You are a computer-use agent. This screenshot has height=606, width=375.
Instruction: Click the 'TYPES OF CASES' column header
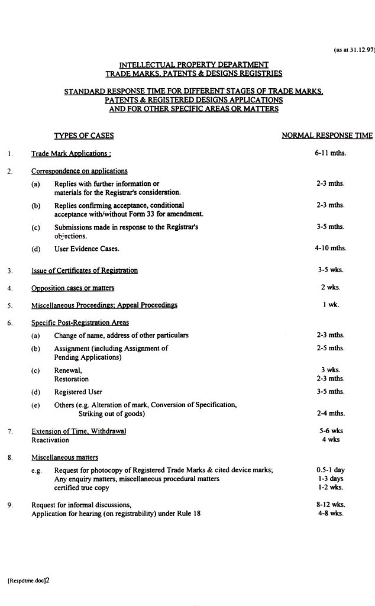point(84,136)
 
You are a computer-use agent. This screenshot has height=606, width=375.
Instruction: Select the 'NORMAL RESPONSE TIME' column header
point(327,136)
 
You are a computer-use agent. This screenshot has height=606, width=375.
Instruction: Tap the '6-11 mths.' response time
point(331,153)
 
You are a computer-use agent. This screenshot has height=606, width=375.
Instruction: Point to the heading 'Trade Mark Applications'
point(71,153)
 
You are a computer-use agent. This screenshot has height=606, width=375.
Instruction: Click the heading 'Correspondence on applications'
point(79,171)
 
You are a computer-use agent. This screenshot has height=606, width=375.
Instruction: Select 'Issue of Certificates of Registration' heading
point(85,270)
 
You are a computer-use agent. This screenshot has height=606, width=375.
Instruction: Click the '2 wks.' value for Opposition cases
point(331,288)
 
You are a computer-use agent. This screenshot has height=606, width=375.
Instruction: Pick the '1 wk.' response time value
point(331,305)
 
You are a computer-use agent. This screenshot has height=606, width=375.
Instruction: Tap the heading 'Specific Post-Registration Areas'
point(80,323)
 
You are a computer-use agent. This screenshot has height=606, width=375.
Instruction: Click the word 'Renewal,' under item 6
point(68,370)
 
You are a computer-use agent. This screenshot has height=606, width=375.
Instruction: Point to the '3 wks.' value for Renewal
point(331,370)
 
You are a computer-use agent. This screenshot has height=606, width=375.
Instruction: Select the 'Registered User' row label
point(78,392)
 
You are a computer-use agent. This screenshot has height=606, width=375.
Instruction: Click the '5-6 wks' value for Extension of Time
point(331,431)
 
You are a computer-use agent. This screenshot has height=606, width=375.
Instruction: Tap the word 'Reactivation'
point(51,440)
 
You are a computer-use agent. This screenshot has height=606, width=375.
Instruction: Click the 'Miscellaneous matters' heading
point(64,457)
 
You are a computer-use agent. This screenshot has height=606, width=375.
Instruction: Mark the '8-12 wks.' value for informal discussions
point(331,505)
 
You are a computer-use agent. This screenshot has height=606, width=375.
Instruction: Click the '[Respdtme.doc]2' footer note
point(29,581)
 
